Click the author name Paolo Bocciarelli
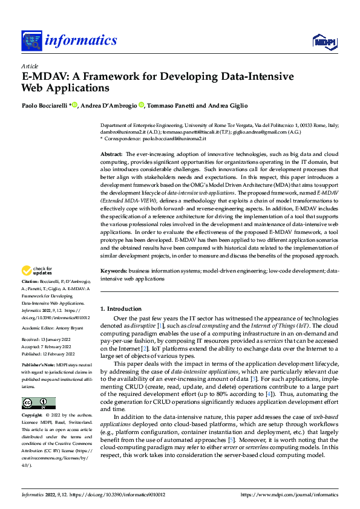[45, 106]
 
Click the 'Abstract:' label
[111, 155]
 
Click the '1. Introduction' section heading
[120, 308]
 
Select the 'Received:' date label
[32, 340]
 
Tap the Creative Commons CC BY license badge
[38, 386]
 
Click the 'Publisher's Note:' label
[38, 366]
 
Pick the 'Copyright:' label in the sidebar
[32, 400]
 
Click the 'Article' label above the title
[29, 65]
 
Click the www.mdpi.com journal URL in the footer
[290, 494]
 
